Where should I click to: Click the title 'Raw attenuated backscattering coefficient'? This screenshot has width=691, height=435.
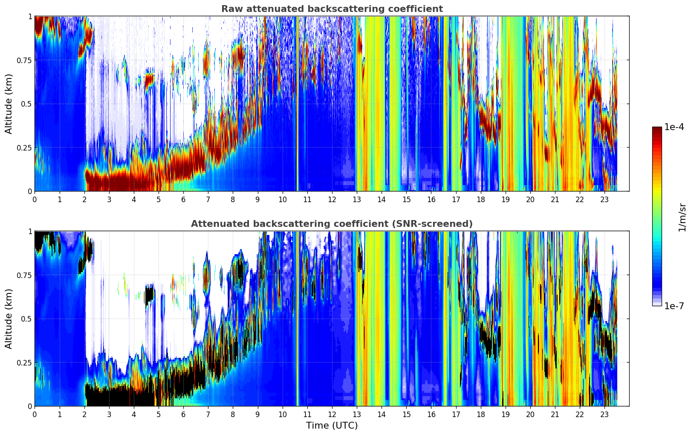[x=332, y=9]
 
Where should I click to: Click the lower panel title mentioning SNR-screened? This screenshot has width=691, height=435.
[x=332, y=224]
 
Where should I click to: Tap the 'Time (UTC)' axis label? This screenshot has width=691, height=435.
[x=332, y=425]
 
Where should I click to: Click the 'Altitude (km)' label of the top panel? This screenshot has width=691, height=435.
[x=9, y=104]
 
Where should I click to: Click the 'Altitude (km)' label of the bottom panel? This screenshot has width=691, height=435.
[x=9, y=319]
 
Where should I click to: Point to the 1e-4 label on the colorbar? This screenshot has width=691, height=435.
[x=674, y=127]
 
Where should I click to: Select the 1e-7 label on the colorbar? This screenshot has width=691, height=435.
[x=674, y=306]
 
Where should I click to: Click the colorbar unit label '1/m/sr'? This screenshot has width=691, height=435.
[x=682, y=217]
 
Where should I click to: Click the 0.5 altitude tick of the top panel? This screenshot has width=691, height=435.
[x=27, y=104]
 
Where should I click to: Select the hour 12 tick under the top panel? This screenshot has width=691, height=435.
[x=332, y=199]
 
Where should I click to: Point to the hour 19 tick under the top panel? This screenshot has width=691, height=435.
[x=506, y=199]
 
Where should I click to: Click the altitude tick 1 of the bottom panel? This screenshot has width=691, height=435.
[x=30, y=232]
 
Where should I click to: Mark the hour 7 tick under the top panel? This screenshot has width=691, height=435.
[x=208, y=199]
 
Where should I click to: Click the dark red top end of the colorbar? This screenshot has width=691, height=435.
[x=657, y=129]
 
